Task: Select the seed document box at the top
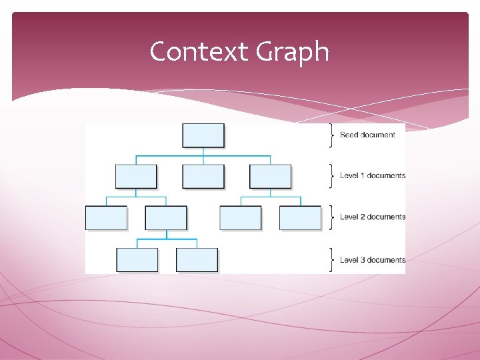(x=203, y=135)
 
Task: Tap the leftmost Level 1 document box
(x=136, y=176)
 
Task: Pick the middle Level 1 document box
(x=203, y=176)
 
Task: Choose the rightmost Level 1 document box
(x=270, y=176)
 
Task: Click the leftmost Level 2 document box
(x=106, y=218)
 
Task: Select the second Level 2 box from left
(x=166, y=218)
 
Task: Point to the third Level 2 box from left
(x=241, y=218)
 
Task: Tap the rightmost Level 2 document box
(x=300, y=218)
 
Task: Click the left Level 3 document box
(x=137, y=259)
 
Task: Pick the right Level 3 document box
(x=197, y=259)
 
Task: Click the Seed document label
(x=367, y=135)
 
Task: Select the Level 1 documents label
(x=372, y=176)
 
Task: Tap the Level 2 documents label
(x=372, y=217)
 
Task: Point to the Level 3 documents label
(x=372, y=260)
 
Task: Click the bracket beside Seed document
(x=331, y=135)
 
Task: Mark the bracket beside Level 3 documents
(x=331, y=260)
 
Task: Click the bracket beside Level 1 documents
(x=331, y=176)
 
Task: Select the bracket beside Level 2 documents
(x=331, y=217)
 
